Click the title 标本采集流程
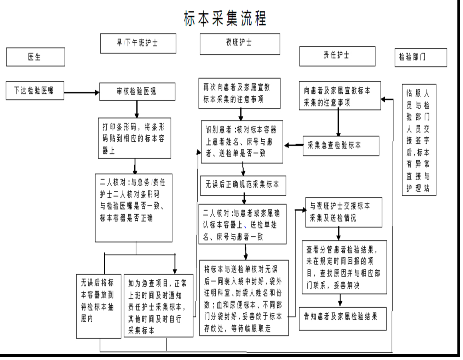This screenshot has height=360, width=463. (225, 18)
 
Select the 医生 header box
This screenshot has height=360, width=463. (36, 57)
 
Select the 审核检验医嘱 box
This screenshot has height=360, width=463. (137, 92)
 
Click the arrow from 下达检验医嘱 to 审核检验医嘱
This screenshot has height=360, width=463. (81, 93)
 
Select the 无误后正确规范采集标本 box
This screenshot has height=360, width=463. (244, 184)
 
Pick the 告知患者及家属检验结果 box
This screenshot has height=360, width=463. (343, 318)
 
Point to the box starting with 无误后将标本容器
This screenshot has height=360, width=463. (99, 306)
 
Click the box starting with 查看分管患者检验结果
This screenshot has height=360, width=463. (343, 266)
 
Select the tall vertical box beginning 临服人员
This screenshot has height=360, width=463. (419, 140)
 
